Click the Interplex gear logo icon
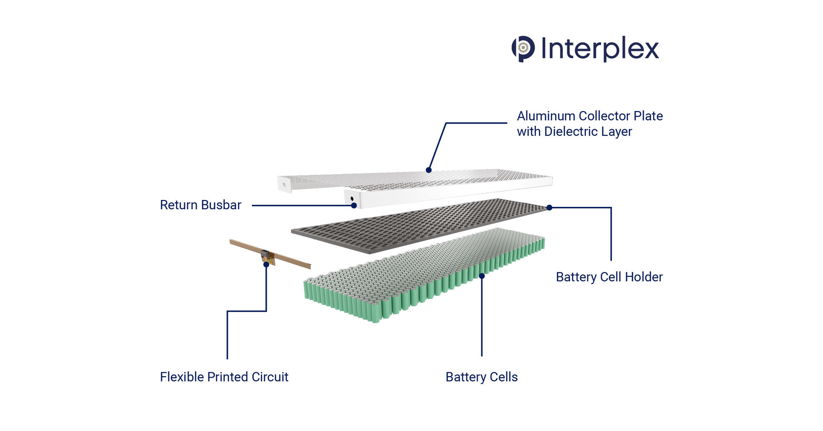coord(523,48)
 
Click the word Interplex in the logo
coord(600,48)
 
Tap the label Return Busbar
coord(201,205)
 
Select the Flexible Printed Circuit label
coord(224,377)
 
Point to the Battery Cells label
coord(481,377)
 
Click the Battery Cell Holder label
coord(609,277)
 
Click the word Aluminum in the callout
coord(546,116)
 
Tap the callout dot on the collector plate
coord(429,170)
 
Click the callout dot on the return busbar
coord(354,205)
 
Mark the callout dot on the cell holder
coord(549,208)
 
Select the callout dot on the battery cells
coord(482,276)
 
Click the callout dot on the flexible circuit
coord(266,265)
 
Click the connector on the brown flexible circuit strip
coord(267,256)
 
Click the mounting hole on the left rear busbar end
coord(284,185)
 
